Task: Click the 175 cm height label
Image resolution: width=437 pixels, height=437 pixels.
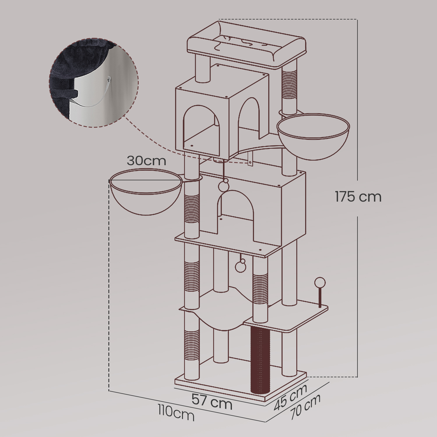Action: [358, 197]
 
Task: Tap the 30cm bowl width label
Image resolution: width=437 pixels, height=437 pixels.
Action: [146, 161]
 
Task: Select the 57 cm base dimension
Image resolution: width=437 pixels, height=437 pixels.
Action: [212, 401]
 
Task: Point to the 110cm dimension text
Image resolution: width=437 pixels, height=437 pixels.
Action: [176, 413]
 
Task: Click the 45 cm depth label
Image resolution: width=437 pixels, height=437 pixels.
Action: [290, 397]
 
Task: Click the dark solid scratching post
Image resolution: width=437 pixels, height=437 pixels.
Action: [260, 359]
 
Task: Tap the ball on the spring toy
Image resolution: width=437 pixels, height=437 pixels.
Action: [320, 283]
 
